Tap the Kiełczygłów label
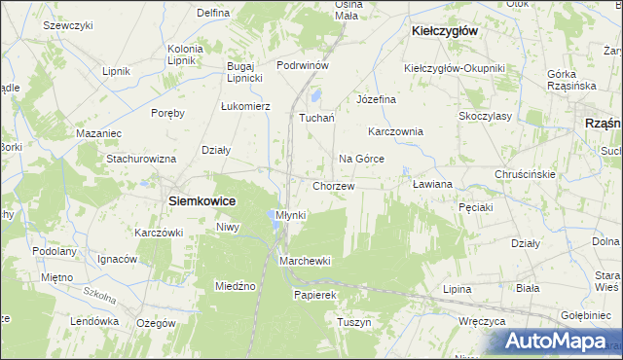(x=443, y=31)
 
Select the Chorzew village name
(x=333, y=186)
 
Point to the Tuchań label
(x=316, y=119)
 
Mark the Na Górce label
(x=361, y=159)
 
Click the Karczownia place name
(x=395, y=131)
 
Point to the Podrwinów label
(x=305, y=65)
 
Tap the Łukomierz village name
(x=244, y=105)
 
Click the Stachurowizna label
(x=141, y=158)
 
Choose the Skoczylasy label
(x=486, y=115)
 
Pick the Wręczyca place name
(x=482, y=319)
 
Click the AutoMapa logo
(x=558, y=342)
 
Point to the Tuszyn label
(x=354, y=322)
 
